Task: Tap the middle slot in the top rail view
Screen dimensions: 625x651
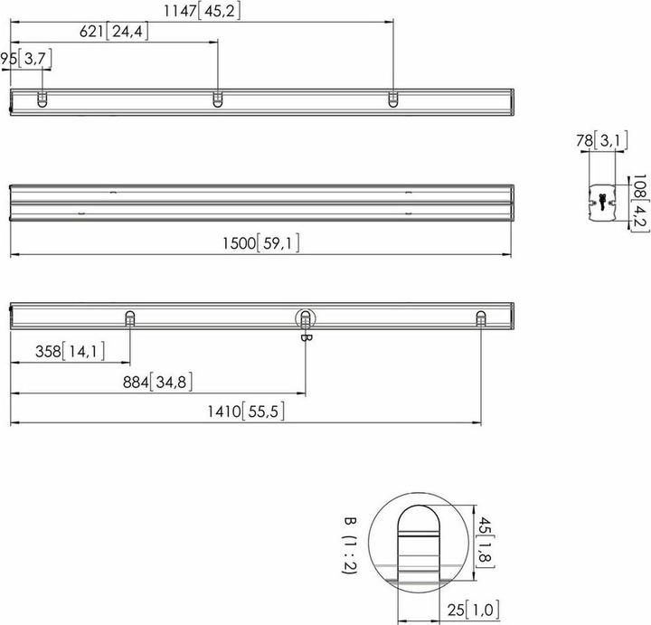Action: (x=218, y=99)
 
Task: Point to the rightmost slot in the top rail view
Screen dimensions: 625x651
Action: (x=392, y=99)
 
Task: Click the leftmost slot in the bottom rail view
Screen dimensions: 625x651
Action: (x=130, y=317)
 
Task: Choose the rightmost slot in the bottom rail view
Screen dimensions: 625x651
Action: (x=480, y=317)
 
